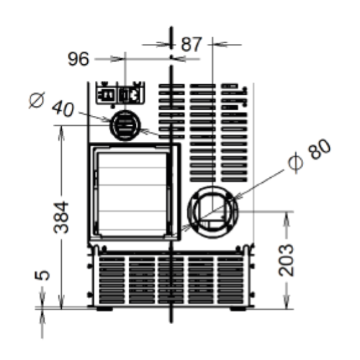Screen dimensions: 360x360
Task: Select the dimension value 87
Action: tap(192, 44)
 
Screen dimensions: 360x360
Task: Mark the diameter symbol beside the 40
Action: tap(37, 100)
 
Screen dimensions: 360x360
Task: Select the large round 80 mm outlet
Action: tap(213, 212)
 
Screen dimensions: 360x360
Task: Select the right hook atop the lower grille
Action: tap(250, 248)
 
